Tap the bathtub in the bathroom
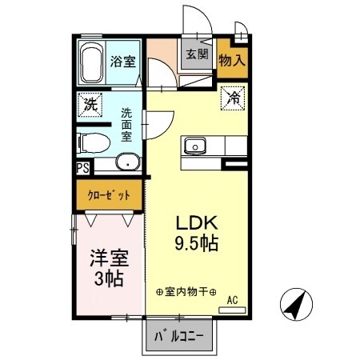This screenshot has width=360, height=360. pos(91,64)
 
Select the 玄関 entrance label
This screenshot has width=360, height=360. pos(197,55)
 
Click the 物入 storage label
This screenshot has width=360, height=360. pos(231,59)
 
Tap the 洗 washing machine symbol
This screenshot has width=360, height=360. pos(90,104)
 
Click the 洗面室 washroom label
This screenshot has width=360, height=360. pos(127,124)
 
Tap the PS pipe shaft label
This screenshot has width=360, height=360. pos(82,168)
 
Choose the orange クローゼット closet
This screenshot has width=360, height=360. pos(109,194)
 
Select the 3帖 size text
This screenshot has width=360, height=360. pos(107,279)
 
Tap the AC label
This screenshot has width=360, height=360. pos(233,300)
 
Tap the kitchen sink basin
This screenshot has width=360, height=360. pos(195,146)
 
